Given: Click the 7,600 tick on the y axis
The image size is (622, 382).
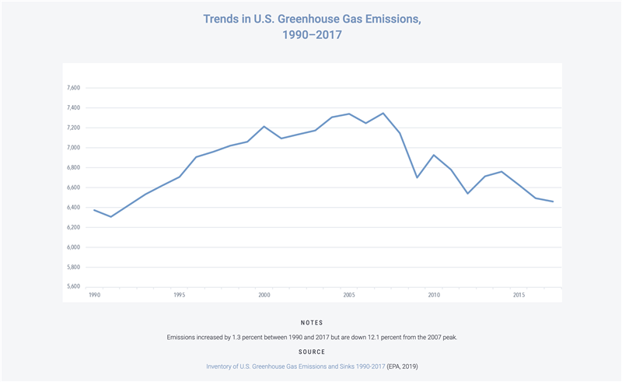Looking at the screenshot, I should click(75, 88).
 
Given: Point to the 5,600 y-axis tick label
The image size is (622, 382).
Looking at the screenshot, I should click(75, 287).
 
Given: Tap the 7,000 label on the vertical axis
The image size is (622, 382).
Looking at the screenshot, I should click(75, 148).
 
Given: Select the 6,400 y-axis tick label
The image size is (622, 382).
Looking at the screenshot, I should click(75, 208).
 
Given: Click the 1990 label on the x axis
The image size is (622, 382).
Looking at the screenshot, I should click(94, 296).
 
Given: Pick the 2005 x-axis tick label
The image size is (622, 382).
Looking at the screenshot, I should click(349, 296).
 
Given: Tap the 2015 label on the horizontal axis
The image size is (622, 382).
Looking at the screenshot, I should click(519, 296).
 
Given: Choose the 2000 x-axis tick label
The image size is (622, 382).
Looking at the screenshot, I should click(264, 296).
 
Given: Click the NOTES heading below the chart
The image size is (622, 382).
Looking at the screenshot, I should click(311, 323).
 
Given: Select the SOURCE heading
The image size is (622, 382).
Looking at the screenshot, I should click(311, 352).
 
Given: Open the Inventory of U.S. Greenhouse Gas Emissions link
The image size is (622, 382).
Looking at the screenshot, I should click(295, 366).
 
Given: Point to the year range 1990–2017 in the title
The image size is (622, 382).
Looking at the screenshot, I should click(311, 35).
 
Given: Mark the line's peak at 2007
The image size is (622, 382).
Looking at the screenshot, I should click(383, 114).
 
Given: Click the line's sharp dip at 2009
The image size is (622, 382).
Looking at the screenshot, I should click(418, 177).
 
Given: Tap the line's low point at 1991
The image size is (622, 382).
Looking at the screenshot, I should click(111, 216).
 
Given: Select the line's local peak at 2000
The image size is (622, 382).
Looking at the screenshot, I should click(264, 126).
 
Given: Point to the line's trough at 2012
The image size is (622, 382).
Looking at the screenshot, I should click(468, 193).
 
